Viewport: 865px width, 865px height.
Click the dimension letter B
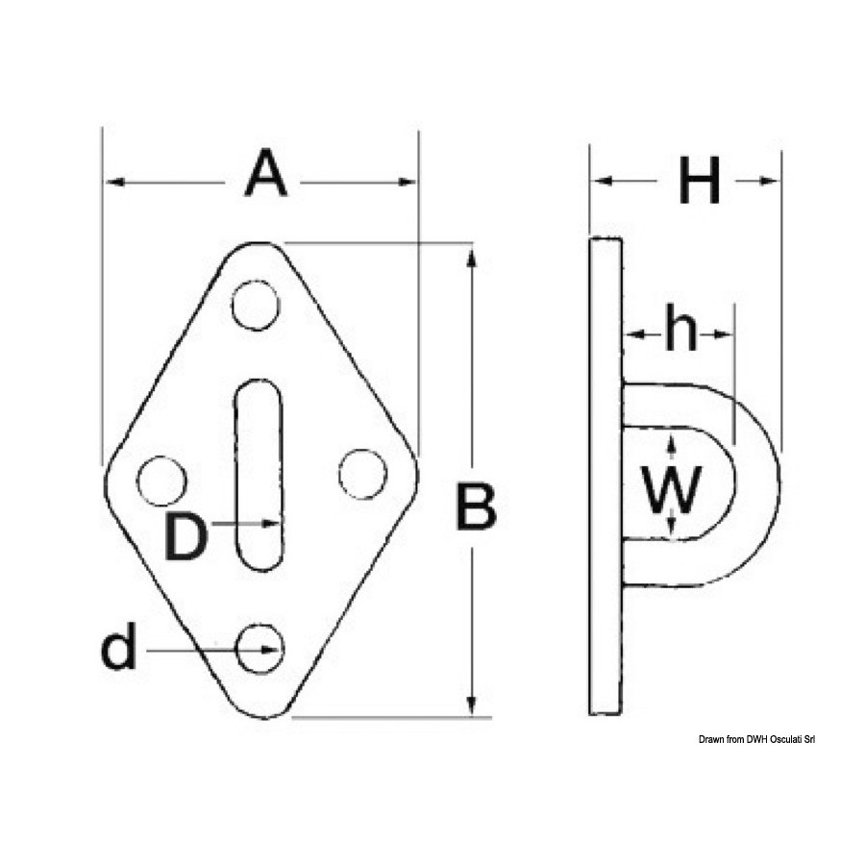[477, 506]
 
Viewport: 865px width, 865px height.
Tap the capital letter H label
[700, 181]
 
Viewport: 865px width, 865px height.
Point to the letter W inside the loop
[672, 490]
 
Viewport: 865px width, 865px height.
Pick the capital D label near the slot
[185, 536]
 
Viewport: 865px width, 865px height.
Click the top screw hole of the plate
[256, 306]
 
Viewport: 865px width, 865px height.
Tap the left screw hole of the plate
[161, 482]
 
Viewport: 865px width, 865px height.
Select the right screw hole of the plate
[362, 475]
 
